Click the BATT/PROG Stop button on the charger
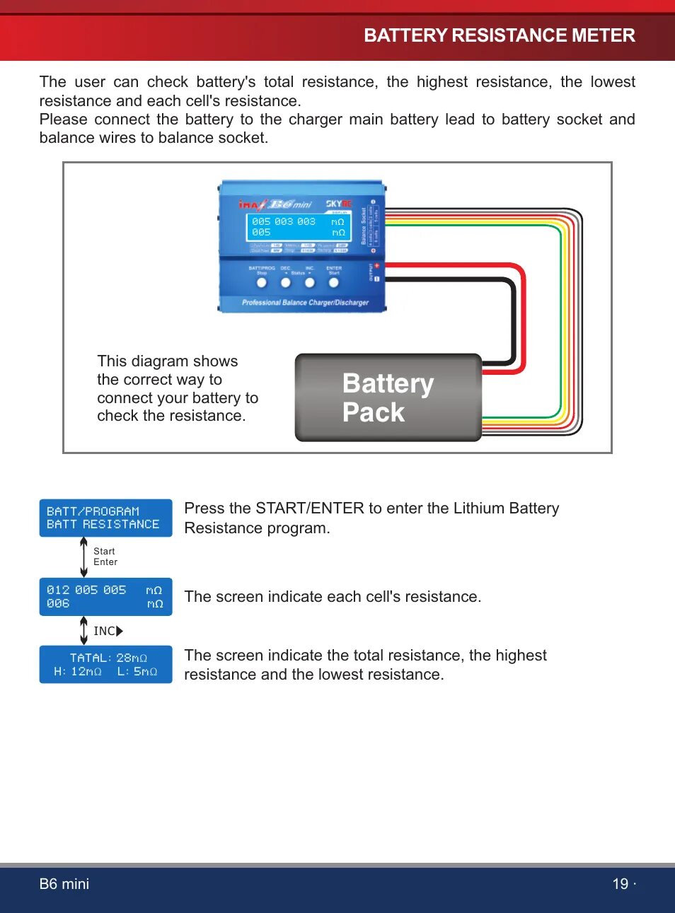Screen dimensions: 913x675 [x=262, y=283]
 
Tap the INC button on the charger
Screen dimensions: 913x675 [x=309, y=283]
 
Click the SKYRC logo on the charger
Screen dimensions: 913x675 [x=339, y=204]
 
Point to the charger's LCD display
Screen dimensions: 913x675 [x=298, y=227]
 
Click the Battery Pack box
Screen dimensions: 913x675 [x=388, y=397]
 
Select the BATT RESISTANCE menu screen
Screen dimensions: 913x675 [x=105, y=518]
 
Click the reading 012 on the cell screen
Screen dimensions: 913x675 [x=58, y=590]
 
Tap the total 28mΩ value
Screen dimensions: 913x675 [x=132, y=658]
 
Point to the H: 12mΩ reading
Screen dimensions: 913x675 [x=78, y=672]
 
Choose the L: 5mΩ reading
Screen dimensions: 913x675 [x=137, y=672]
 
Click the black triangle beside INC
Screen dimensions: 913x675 [x=120, y=631]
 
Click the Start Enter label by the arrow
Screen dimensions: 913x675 [x=105, y=557]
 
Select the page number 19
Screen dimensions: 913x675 [x=620, y=884]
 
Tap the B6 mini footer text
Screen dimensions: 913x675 [x=64, y=884]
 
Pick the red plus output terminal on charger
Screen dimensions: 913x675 [x=377, y=266]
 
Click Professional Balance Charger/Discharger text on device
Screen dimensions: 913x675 [x=305, y=303]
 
